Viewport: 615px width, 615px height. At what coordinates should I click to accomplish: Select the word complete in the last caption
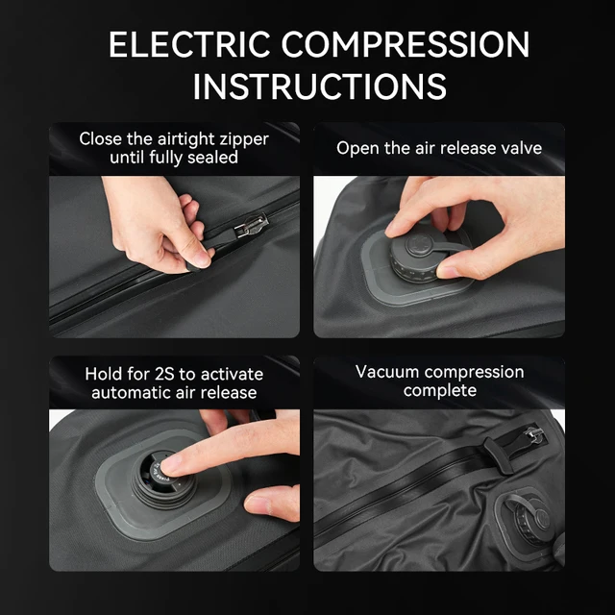439,390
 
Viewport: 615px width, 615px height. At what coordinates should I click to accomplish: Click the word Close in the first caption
101,138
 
